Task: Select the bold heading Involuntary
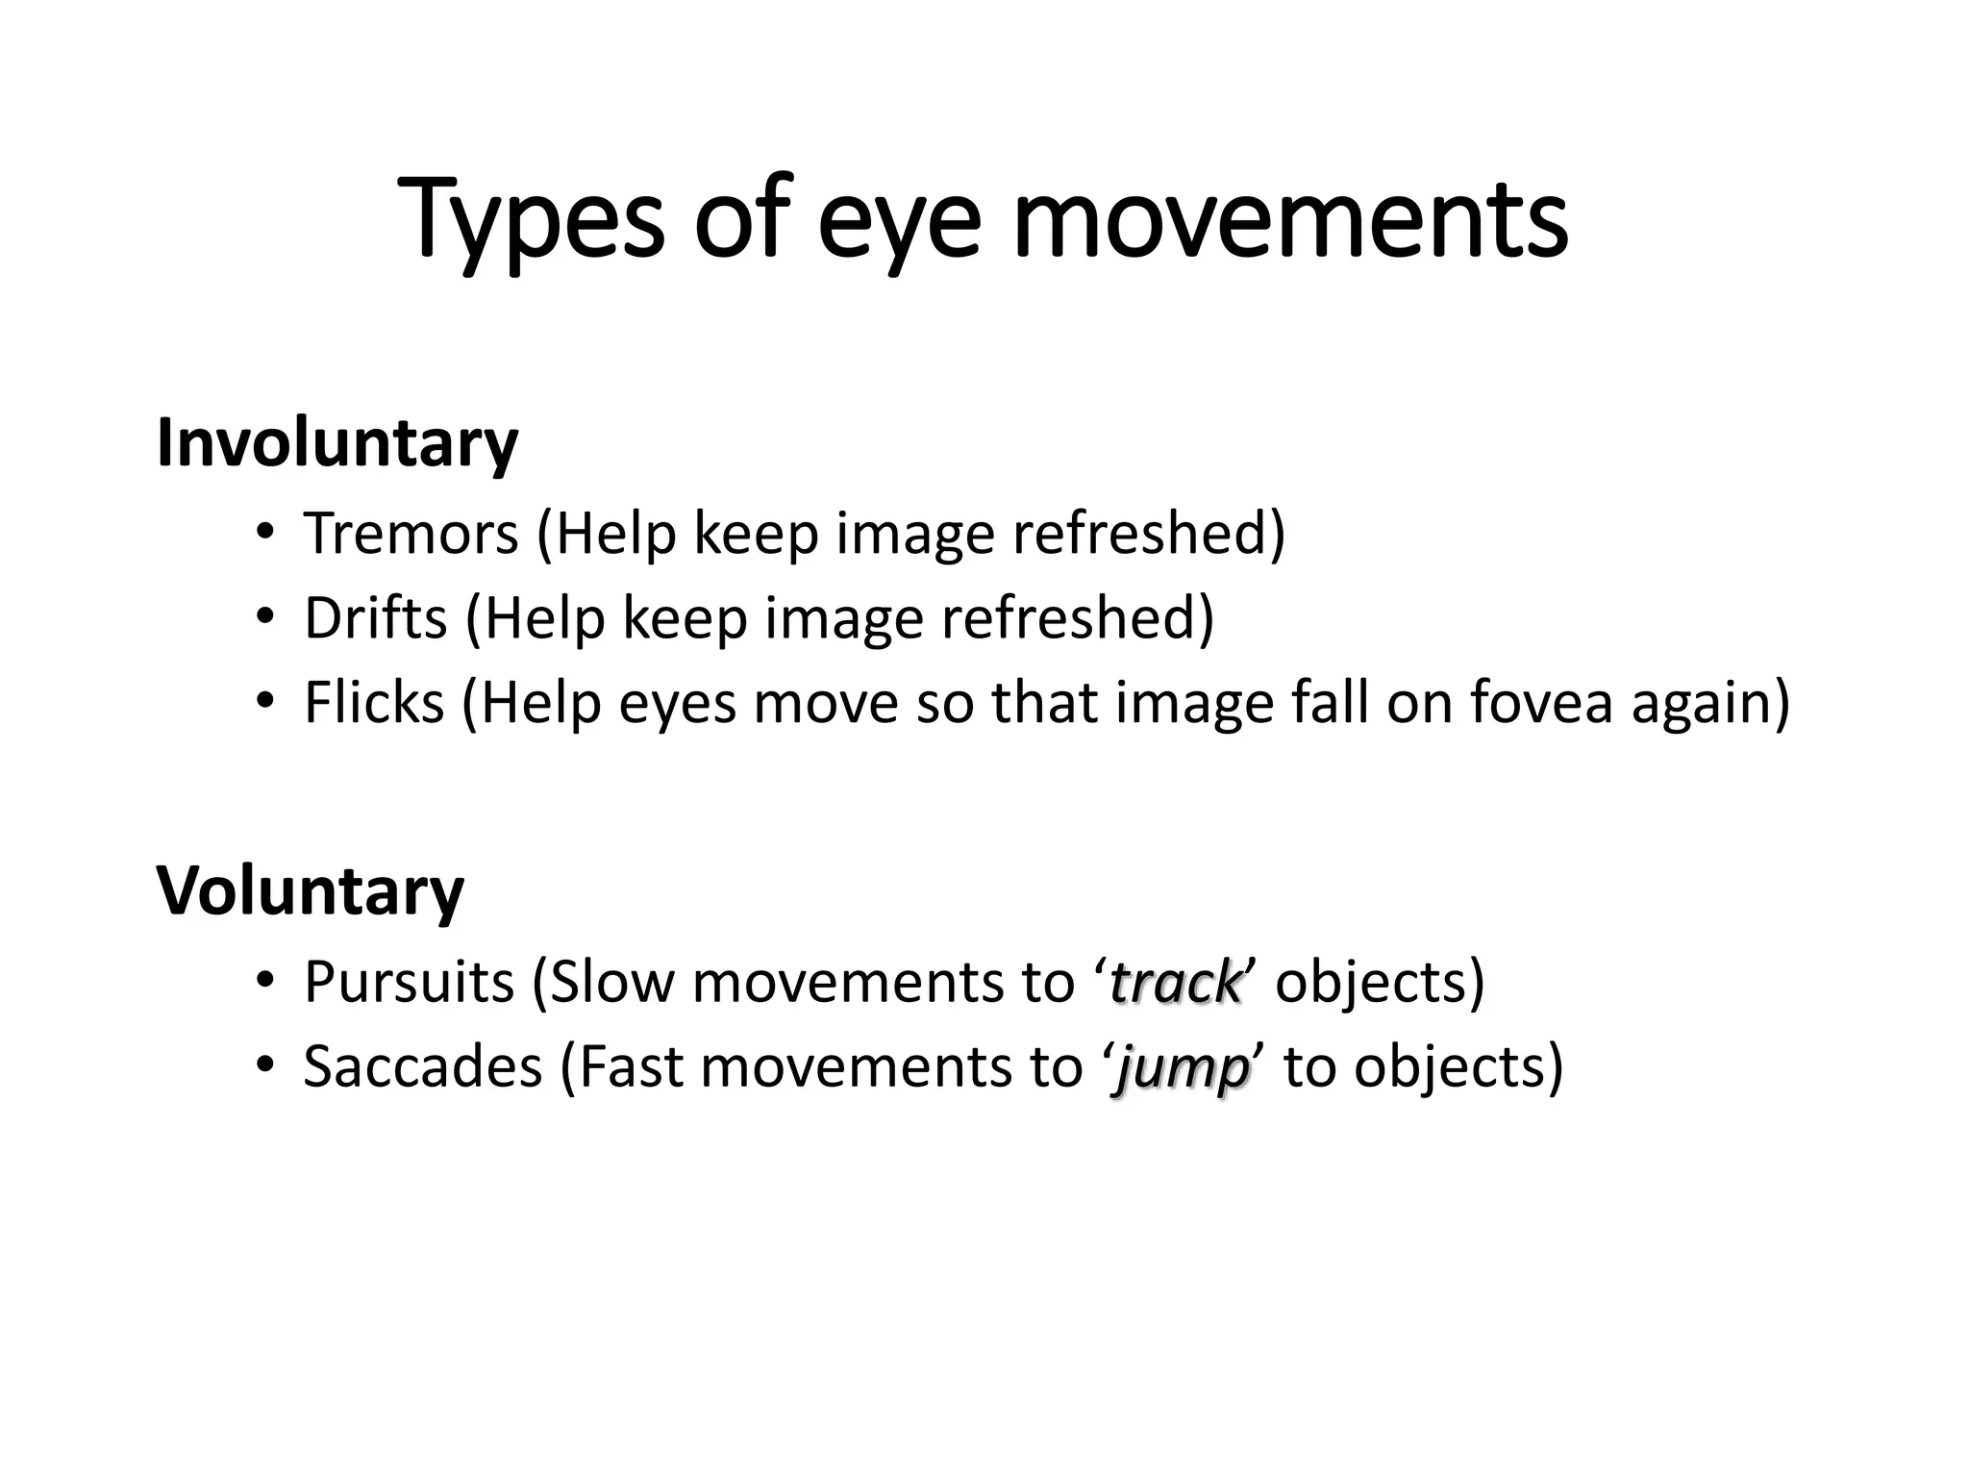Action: click(x=337, y=443)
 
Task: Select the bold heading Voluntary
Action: click(x=310, y=890)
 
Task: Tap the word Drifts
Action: click(x=375, y=617)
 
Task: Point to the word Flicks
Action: click(x=374, y=702)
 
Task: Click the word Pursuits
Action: click(x=409, y=982)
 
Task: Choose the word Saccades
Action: click(x=423, y=1066)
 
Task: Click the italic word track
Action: click(x=1176, y=983)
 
